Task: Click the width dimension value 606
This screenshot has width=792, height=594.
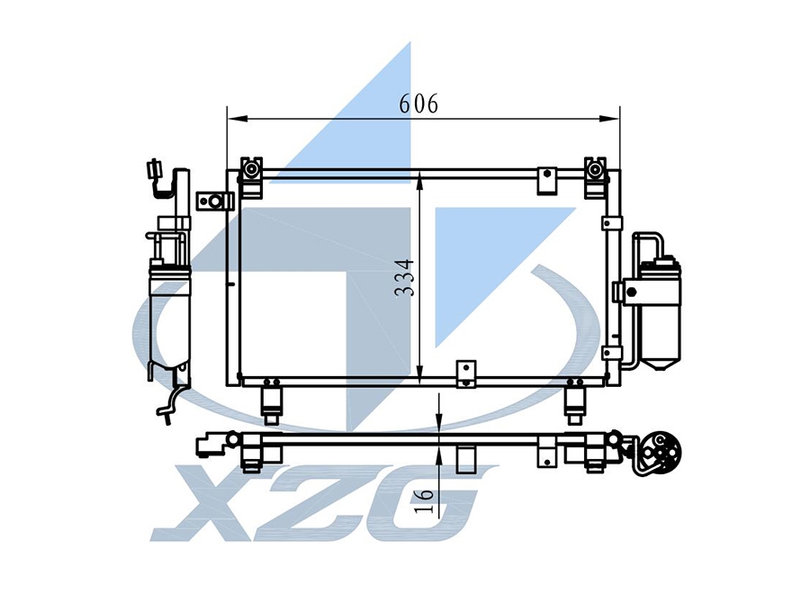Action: point(418,103)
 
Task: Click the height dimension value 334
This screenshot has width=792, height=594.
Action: point(405,277)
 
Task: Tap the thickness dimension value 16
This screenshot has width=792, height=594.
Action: point(423,500)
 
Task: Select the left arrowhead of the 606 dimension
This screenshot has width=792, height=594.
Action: point(238,119)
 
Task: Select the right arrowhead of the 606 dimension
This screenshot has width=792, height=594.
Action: point(609,119)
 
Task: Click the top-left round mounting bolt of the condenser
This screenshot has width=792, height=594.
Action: point(251,170)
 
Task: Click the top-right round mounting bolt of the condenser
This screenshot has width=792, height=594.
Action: point(595,170)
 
